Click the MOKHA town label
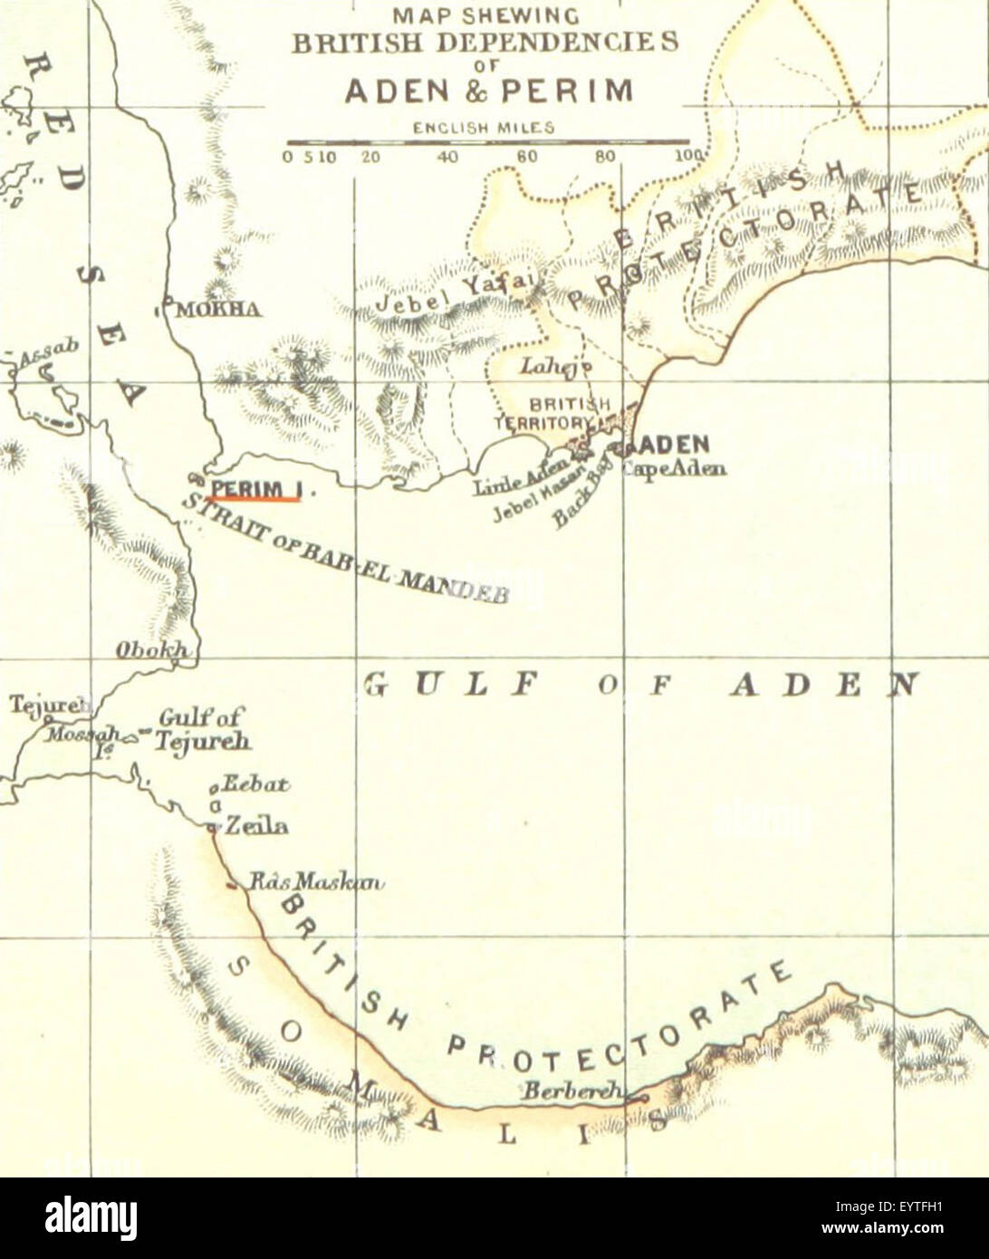coord(218,310)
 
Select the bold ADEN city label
coord(675,445)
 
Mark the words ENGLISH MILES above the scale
coord(484,128)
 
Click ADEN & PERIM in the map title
coord(488,91)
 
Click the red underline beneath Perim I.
coord(254,498)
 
